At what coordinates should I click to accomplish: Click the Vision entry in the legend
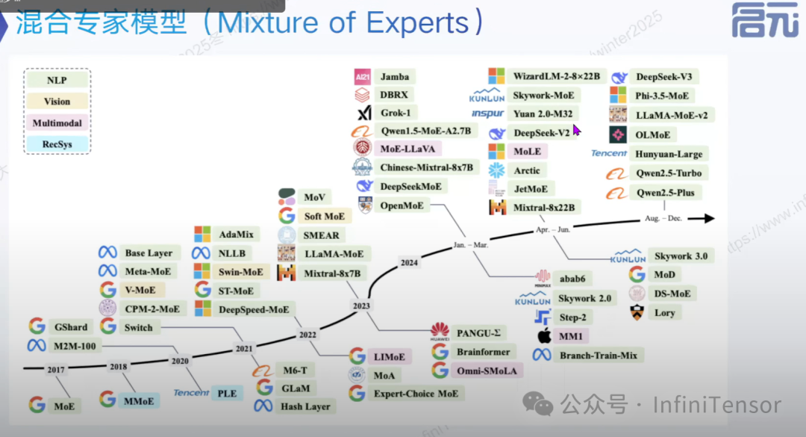(57, 102)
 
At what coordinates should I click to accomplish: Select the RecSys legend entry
(57, 143)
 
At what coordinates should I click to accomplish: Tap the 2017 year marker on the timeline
(56, 369)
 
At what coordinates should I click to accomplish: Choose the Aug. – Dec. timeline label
(663, 218)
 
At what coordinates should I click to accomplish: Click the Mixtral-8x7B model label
(332, 273)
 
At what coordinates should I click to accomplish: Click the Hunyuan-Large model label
(669, 154)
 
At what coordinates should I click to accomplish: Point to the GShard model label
(71, 326)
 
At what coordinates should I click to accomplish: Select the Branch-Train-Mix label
(599, 355)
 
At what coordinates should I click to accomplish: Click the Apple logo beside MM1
(543, 335)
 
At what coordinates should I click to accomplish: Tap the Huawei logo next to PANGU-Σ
(440, 331)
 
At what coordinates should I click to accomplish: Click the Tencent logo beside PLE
(191, 392)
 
